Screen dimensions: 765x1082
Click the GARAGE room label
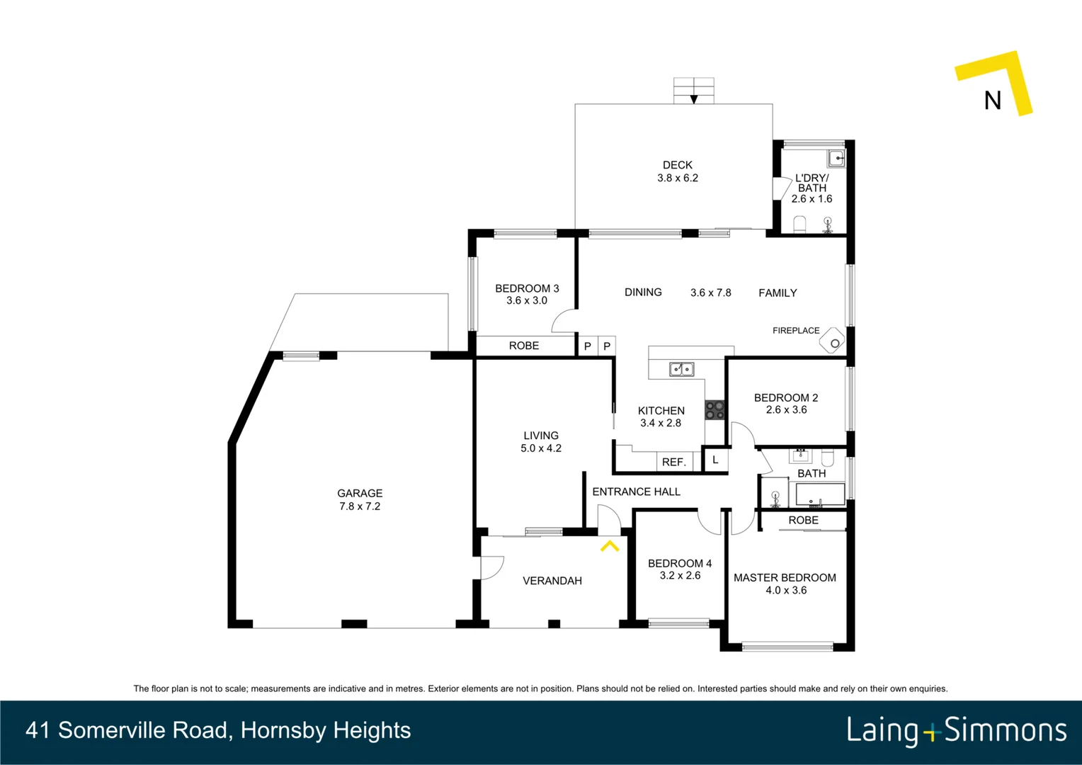[x=360, y=493]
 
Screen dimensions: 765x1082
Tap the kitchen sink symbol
[x=681, y=369]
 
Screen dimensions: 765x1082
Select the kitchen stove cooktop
[x=714, y=410]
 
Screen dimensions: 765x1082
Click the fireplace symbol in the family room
[x=833, y=342]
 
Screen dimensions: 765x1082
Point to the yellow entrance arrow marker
[x=610, y=546]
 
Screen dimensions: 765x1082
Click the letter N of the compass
[x=993, y=101]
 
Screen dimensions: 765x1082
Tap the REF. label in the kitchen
[x=673, y=462]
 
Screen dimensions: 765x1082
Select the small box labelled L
[x=715, y=460]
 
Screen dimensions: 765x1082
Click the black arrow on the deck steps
[x=694, y=99]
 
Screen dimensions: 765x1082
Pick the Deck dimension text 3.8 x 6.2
[x=678, y=178]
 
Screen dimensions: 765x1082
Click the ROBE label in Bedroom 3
[x=524, y=346]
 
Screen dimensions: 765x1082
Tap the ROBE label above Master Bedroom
[x=803, y=520]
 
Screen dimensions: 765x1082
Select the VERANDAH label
[x=552, y=581]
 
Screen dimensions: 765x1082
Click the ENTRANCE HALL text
[x=636, y=492]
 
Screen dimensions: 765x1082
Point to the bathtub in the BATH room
[x=820, y=494]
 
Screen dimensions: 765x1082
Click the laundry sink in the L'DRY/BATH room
[x=836, y=158]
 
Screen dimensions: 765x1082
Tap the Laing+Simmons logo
[x=956, y=730]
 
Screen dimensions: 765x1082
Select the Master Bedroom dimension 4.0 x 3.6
[x=786, y=590]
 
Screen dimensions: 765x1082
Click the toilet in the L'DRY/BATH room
[x=799, y=225]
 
